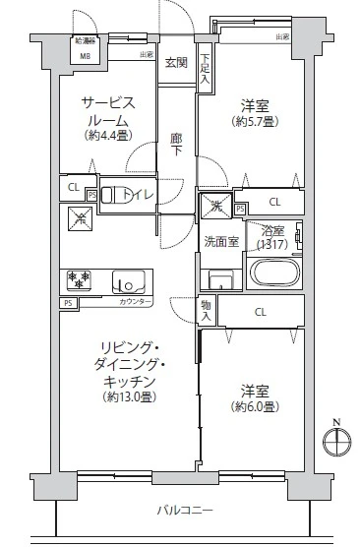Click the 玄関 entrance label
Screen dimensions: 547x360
tap(176, 63)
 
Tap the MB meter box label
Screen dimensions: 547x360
tap(85, 55)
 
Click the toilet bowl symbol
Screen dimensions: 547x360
tap(117, 194)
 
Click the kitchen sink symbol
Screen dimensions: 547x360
tap(128, 283)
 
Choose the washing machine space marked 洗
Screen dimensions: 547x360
tap(215, 205)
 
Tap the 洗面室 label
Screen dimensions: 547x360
tap(218, 241)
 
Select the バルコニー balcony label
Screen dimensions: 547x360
tap(184, 510)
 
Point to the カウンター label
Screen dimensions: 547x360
tap(136, 302)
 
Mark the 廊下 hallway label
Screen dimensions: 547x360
tap(176, 144)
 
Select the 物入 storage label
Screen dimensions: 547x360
tap(207, 311)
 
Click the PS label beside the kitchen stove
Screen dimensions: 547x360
tap(68, 303)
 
